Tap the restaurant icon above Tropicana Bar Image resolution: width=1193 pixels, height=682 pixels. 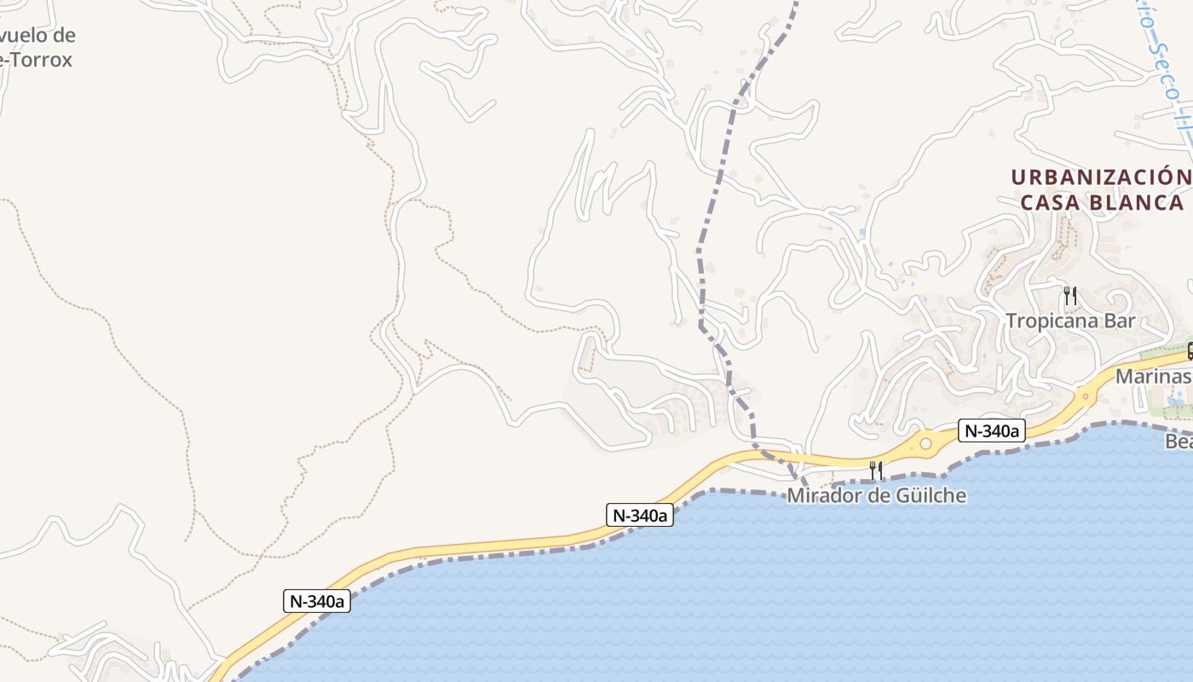[x=1070, y=296]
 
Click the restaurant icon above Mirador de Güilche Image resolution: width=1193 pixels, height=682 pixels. [x=875, y=470]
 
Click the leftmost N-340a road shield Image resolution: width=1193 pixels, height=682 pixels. [x=317, y=601]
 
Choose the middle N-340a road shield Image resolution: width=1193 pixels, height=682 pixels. [x=640, y=515]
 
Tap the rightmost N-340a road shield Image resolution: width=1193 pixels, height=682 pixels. [x=989, y=431]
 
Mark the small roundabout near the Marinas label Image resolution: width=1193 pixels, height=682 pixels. [x=1085, y=396]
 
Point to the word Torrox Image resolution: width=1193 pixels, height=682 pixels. [x=39, y=60]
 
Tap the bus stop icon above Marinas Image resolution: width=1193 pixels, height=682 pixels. [x=1189, y=350]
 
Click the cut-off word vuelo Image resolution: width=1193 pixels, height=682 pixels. [x=37, y=36]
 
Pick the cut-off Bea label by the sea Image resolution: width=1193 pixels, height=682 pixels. [x=1179, y=442]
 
